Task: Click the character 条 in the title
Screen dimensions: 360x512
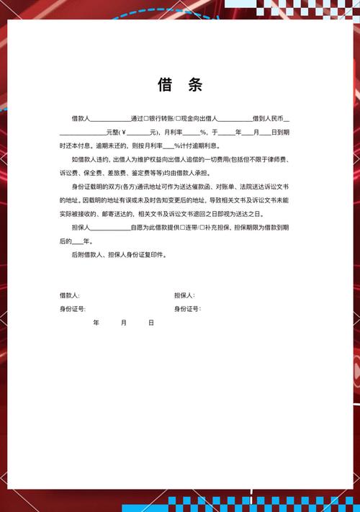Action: pyautogui.click(x=195, y=85)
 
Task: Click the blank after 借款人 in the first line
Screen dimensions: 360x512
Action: pyautogui.click(x=110, y=118)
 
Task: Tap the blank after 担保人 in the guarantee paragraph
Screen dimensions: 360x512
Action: pyautogui.click(x=109, y=228)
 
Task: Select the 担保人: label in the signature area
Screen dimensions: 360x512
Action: pyautogui.click(x=184, y=295)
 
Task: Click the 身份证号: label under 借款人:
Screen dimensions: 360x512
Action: pyautogui.click(x=72, y=308)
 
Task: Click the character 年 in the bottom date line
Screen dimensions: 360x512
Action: pyautogui.click(x=96, y=323)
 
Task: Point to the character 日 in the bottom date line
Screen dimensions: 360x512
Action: pyautogui.click(x=151, y=323)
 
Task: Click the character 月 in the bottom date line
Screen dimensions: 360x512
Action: pyautogui.click(x=124, y=323)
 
